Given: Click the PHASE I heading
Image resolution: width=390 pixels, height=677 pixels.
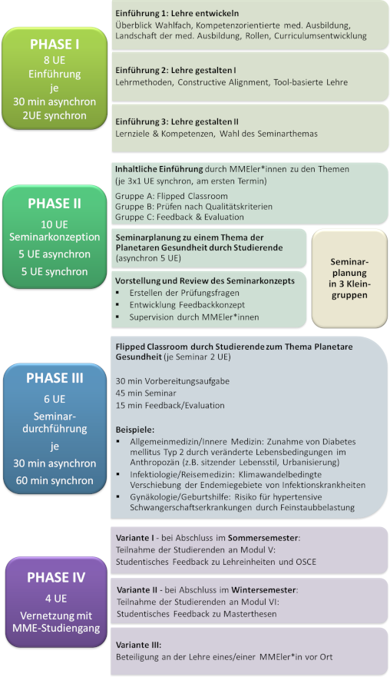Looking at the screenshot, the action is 55,44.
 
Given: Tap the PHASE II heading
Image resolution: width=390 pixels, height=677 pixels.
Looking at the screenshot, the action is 55,204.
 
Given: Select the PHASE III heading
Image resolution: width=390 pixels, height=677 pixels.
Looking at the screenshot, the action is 55,378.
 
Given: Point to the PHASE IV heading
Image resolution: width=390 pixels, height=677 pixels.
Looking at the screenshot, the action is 56,577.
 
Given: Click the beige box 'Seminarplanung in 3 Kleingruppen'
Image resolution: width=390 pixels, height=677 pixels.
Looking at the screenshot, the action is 349,278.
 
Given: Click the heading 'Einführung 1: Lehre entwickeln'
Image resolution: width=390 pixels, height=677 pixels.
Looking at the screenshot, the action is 177,13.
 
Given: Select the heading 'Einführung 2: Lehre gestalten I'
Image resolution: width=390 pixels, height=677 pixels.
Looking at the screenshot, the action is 176,70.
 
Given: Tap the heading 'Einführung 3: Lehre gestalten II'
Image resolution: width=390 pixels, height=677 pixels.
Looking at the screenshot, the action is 177,121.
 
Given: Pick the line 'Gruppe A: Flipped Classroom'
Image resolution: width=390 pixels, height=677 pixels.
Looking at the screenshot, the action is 171,196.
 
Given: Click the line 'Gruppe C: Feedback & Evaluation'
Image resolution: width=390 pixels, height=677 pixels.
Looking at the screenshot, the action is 180,217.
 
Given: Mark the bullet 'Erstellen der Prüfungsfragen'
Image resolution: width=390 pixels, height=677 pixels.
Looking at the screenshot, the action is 184,293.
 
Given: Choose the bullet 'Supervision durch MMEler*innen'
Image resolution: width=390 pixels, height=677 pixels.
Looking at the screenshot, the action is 194,317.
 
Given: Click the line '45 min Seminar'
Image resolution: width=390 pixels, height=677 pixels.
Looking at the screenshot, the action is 146,393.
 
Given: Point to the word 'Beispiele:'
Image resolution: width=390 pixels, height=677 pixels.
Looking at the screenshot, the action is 134,430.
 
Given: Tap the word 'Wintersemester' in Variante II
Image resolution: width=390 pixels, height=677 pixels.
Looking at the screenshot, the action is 263,590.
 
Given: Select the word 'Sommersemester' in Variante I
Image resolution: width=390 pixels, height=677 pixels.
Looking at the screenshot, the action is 263,538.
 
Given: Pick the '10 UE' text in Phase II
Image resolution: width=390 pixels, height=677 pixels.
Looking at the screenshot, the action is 55,224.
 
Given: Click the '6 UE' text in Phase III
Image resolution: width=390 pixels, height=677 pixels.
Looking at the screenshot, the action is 55,399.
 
